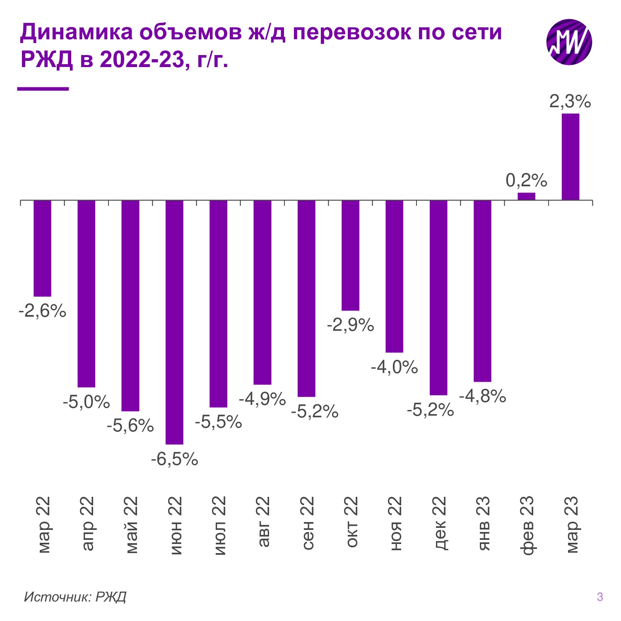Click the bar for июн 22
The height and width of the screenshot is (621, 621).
click(174, 322)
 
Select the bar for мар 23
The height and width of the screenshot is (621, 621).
click(570, 157)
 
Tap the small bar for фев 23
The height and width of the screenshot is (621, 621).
click(526, 196)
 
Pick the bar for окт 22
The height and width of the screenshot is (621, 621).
click(350, 255)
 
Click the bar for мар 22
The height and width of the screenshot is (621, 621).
click(42, 248)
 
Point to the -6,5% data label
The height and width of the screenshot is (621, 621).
click(174, 459)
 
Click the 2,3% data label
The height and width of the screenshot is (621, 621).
click(570, 101)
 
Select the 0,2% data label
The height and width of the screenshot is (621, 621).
click(526, 181)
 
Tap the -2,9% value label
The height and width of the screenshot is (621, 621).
click(350, 325)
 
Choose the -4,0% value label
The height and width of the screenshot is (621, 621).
click(394, 367)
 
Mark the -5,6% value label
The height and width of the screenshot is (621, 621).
click(130, 426)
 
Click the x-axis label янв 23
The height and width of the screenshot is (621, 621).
click(483, 523)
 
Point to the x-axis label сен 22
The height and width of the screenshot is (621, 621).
click(307, 523)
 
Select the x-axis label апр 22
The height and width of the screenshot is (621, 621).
click(87, 523)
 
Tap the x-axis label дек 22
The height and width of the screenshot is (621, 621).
click(439, 523)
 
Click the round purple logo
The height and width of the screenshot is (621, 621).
click(569, 42)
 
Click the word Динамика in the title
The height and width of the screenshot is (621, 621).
click(77, 32)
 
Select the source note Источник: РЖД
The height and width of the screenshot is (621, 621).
click(75, 597)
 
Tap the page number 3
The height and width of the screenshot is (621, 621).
click(600, 597)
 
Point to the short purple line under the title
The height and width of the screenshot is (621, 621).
click(43, 89)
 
